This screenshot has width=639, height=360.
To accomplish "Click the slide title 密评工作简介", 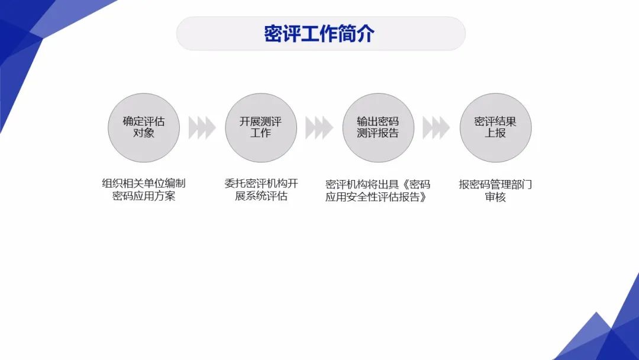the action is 319,34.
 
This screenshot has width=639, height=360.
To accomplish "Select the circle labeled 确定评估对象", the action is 144,127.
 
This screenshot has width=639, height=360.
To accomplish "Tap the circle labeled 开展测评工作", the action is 261,127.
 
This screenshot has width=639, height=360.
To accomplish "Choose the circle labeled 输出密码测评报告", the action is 378,127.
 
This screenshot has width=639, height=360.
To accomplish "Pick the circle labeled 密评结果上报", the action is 495,127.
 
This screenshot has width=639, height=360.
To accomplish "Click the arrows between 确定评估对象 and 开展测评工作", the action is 202,127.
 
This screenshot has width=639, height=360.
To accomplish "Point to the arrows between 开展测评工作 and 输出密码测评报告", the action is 319,127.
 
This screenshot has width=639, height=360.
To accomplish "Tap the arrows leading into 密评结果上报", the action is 436,127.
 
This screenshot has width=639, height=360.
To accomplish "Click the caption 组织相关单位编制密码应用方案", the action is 144,190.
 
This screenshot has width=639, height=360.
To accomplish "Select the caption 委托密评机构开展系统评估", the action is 261,190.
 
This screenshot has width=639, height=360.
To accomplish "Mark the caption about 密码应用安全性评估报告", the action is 377,190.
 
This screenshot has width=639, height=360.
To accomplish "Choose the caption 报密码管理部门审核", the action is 495,190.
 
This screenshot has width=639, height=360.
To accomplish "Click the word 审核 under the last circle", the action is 495,197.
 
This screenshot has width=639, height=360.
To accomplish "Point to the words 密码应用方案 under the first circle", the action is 144,197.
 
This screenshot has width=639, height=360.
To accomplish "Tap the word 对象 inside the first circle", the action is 144,134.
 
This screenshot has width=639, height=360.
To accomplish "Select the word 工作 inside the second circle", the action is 261,134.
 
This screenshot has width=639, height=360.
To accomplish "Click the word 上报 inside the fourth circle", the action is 495,134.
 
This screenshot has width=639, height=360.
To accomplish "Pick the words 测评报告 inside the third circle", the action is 378,134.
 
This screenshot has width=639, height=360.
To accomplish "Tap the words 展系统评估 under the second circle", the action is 261,197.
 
